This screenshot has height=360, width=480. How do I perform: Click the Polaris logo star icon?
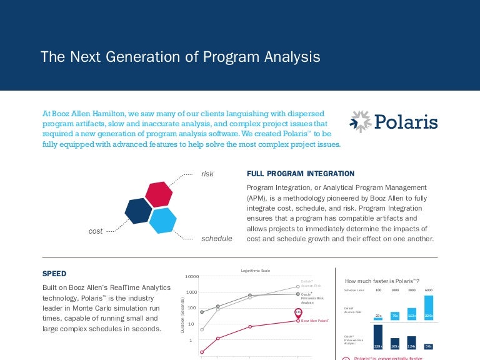pyautogui.click(x=361, y=122)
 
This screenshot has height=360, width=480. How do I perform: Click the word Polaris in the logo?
pyautogui.click(x=406, y=122)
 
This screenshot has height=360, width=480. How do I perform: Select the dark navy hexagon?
pyautogui.click(x=138, y=211)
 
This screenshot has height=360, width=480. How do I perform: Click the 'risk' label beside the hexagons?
pyautogui.click(x=207, y=174)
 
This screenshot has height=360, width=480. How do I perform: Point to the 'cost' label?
pyautogui.click(x=96, y=231)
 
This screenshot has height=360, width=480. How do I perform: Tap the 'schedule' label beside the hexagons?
pyautogui.click(x=216, y=239)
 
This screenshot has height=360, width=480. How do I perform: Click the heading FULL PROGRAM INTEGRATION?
pyautogui.click(x=301, y=174)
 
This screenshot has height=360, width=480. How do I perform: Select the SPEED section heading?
pyautogui.click(x=54, y=274)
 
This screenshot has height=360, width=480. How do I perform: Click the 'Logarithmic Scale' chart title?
pyautogui.click(x=256, y=270)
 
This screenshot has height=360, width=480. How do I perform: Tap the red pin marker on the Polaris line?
pyautogui.click(x=298, y=312)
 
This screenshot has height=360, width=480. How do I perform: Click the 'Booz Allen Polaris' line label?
pyautogui.click(x=315, y=321)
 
